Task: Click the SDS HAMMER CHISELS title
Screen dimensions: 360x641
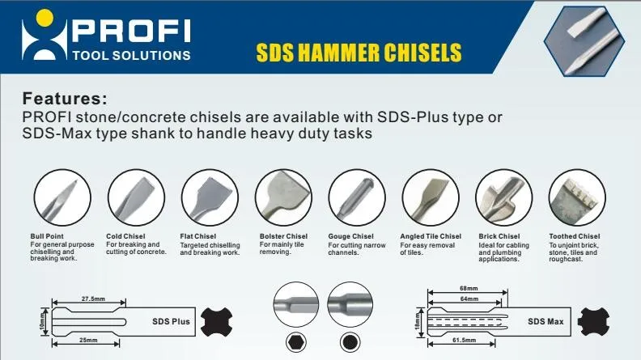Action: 359,53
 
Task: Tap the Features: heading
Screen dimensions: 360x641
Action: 65,100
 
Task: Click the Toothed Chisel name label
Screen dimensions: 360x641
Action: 574,236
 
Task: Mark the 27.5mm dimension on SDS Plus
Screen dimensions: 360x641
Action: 93,299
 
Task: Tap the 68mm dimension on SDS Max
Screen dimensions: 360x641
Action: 467,287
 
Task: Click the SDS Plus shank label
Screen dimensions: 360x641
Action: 171,321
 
